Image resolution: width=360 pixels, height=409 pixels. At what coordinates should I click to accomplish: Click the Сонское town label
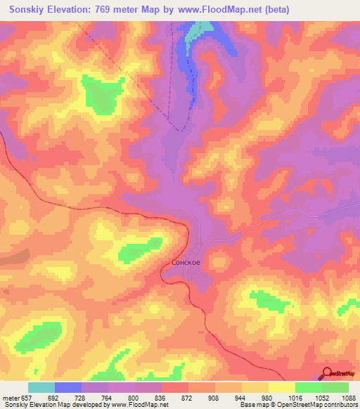(186, 262)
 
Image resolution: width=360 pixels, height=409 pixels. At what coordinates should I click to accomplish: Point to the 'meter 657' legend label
(15, 397)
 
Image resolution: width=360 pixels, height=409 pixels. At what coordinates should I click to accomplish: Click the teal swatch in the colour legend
(41, 387)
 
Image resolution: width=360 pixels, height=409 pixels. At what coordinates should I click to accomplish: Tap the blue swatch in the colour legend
(68, 387)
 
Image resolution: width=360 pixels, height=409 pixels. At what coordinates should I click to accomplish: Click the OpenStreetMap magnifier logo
(326, 374)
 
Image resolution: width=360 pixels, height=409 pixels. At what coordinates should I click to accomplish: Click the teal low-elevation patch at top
(200, 29)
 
